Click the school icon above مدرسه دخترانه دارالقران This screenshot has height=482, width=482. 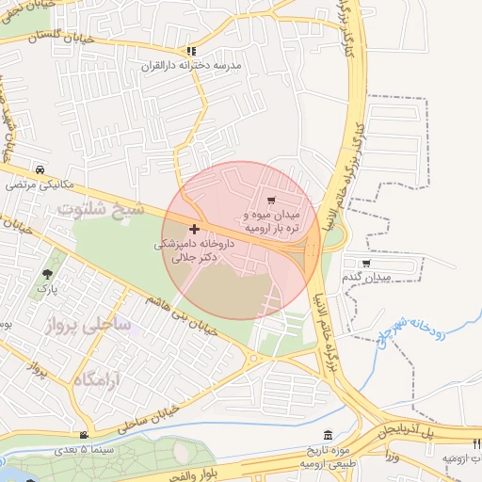pos(192,52)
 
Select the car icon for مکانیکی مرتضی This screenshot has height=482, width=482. pos(40,170)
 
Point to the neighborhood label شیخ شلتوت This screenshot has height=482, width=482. pos(100,208)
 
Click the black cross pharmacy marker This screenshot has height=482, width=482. pos(194,229)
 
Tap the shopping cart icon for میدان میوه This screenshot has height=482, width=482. pos(272,201)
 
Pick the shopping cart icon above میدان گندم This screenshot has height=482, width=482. pos(366,263)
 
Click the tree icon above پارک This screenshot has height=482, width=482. pos(47,275)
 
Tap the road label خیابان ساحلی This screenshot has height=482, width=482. pos(149,420)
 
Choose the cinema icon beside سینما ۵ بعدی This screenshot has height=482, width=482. pos(85,435)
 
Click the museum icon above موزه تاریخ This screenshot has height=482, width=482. pos(327,435)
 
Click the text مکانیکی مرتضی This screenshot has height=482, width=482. pos(39,185)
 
